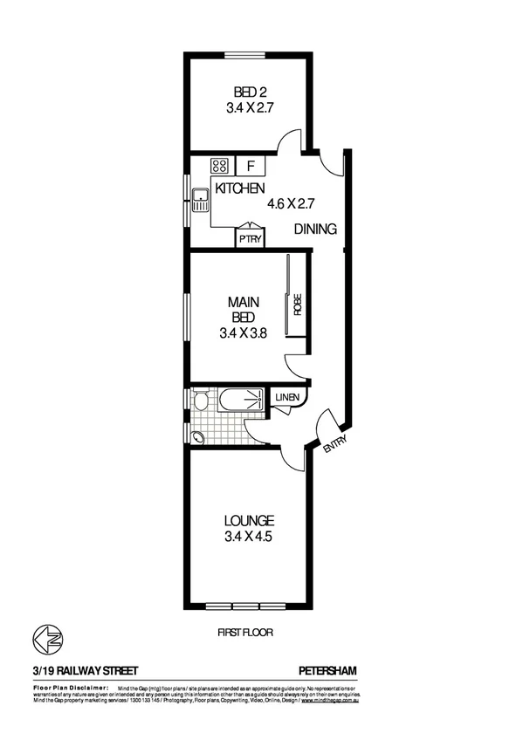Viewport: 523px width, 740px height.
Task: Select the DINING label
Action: pyautogui.click(x=314, y=230)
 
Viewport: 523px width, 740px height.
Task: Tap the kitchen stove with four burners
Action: pyautogui.click(x=219, y=165)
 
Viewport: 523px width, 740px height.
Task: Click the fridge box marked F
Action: pyautogui.click(x=251, y=165)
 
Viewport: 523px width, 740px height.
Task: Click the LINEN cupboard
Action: pyautogui.click(x=287, y=398)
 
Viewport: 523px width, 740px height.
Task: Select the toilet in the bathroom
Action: pyautogui.click(x=200, y=401)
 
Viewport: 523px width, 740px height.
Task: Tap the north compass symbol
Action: pyautogui.click(x=43, y=640)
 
